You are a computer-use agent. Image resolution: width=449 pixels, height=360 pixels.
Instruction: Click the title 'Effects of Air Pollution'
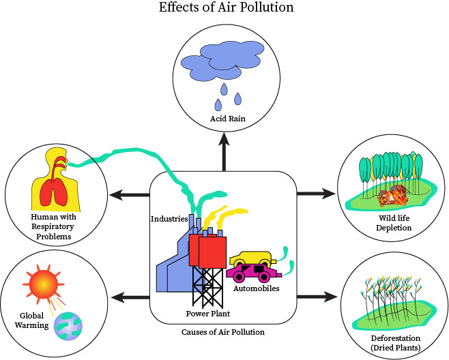click(225, 8)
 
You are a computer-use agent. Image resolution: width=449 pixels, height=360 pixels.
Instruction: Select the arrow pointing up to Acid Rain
click(224, 153)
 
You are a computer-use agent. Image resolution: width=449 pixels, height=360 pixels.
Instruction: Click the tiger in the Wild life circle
click(394, 194)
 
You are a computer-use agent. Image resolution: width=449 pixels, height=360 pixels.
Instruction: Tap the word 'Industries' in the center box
click(169, 219)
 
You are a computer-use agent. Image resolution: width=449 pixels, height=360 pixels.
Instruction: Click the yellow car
click(250, 260)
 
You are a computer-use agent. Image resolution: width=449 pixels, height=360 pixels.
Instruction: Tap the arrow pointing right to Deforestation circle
click(318, 297)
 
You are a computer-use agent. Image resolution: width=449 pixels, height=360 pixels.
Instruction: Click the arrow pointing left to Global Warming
click(130, 297)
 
